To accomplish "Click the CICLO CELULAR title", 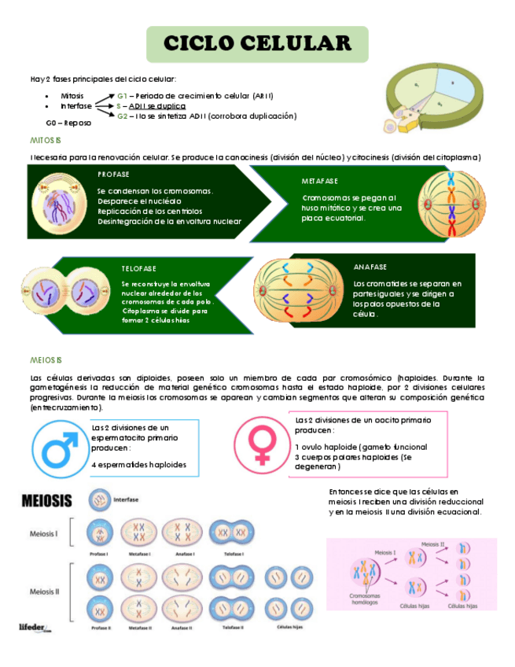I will point(257,43).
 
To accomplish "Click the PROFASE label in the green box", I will point(114,175).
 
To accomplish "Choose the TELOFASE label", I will point(138,268).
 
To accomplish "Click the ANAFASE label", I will point(370,267).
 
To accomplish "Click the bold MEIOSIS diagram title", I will point(46,500).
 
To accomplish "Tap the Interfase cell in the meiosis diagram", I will point(100,499).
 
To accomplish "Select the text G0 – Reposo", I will point(68,123).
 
